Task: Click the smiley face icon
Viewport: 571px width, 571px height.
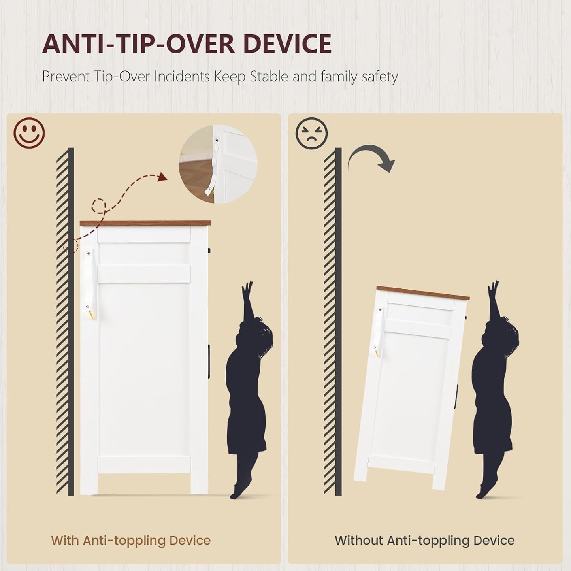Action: pyautogui.click(x=29, y=133)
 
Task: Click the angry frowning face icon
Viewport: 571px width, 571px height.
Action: pyautogui.click(x=311, y=133)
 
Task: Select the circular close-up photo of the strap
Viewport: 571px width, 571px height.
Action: pyautogui.click(x=218, y=164)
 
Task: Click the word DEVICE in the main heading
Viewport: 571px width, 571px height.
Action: pyautogui.click(x=287, y=44)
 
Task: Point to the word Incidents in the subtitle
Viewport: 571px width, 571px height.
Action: pyautogui.click(x=182, y=77)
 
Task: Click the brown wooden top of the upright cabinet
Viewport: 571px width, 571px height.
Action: pyautogui.click(x=145, y=223)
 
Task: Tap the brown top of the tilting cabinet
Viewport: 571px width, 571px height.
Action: pyautogui.click(x=422, y=293)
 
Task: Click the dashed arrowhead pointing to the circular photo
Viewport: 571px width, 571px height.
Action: pyautogui.click(x=162, y=177)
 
